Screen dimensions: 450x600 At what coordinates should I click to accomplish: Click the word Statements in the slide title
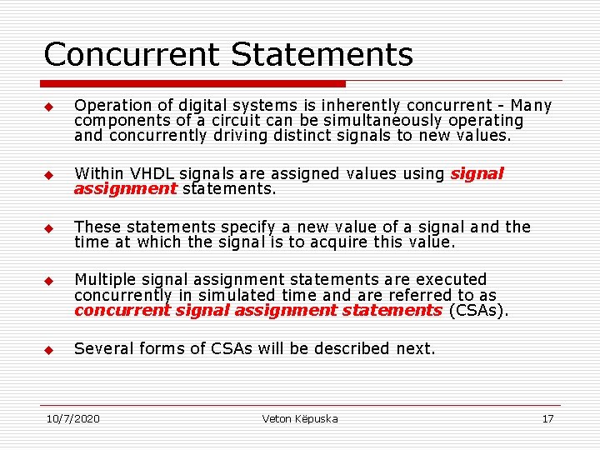pos(322,55)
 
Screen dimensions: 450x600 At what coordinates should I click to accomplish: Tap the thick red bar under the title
pos(193,83)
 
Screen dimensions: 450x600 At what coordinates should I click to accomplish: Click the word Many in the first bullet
pos(531,106)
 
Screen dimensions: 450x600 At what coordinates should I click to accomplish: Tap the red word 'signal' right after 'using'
pos(477,174)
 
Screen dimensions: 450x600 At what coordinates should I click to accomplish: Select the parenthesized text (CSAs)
pos(477,310)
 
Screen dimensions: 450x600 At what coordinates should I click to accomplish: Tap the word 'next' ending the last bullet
pos(414,348)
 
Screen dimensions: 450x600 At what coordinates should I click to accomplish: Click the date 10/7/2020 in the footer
pos(73,418)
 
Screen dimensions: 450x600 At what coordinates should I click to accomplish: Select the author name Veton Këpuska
pos(300,418)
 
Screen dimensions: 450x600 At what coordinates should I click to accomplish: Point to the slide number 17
pos(547,418)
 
